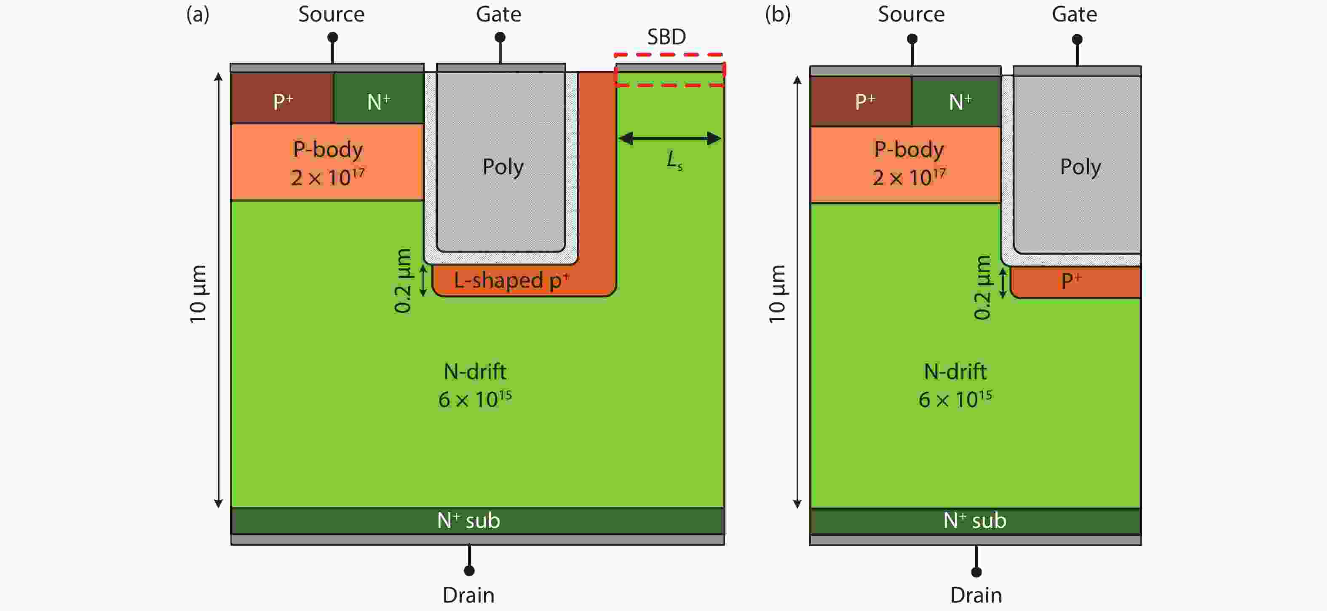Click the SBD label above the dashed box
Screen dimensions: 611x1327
[x=666, y=37]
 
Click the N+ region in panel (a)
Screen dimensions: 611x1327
[x=379, y=100]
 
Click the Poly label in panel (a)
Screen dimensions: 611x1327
[x=502, y=166]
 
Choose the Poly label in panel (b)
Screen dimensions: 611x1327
[x=1080, y=166]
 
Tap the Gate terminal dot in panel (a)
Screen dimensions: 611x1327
[x=500, y=38]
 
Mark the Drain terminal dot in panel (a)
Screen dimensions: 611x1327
[x=469, y=570]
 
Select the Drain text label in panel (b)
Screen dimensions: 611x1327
[x=976, y=595]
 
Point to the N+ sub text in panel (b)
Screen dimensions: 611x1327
[x=975, y=521]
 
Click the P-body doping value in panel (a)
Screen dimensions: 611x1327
[x=328, y=178]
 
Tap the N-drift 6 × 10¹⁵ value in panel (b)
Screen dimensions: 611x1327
[x=955, y=399]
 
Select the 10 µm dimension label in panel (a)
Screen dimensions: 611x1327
[x=198, y=294]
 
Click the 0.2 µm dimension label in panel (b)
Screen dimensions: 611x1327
[x=982, y=287]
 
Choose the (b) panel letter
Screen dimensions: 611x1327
[x=777, y=14]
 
